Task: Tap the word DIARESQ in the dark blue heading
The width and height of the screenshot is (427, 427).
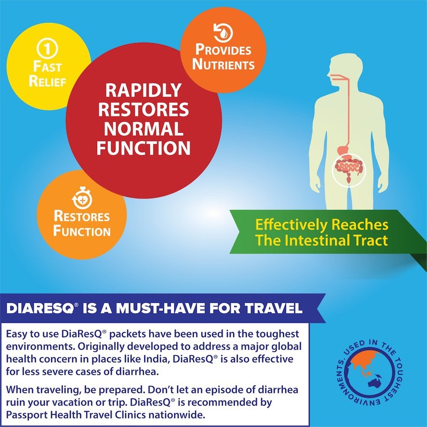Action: pyautogui.click(x=36, y=309)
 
